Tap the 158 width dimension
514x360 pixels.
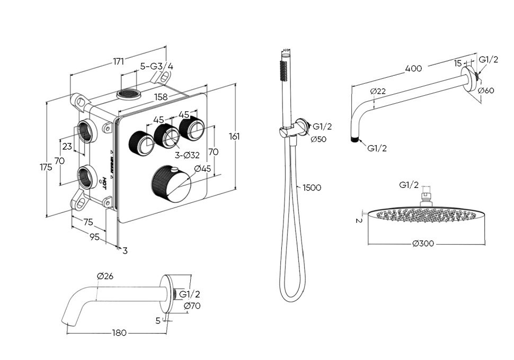point(161,97)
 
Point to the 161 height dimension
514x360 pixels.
point(234,136)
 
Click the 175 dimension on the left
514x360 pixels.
point(46,167)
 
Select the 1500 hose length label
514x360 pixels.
point(312,187)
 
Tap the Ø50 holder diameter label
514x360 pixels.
point(318,139)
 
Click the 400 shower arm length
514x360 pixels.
point(413,68)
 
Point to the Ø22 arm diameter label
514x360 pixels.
point(378,91)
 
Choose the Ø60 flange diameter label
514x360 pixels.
point(486,90)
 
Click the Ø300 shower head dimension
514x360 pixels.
point(423,244)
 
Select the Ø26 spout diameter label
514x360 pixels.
point(105,276)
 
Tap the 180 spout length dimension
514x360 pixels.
point(119,332)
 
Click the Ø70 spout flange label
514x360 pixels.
point(192,305)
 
